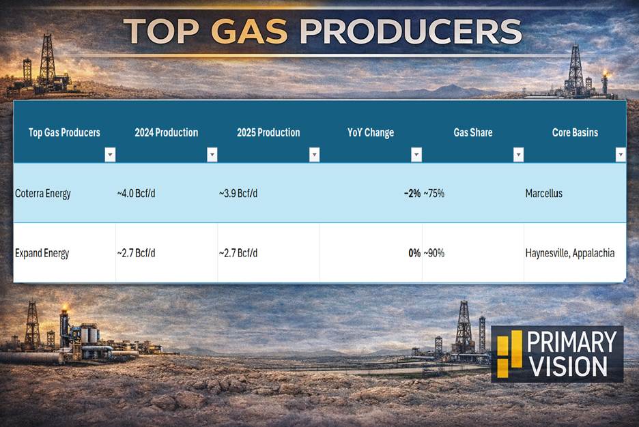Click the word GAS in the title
click(x=249, y=31)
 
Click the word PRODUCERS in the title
click(x=410, y=31)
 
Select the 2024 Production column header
click(x=167, y=132)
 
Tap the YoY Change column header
click(x=371, y=133)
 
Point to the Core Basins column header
click(x=575, y=132)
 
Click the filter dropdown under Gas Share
click(x=518, y=155)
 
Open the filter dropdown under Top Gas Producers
click(x=110, y=155)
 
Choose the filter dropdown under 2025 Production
click(x=314, y=155)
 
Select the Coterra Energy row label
click(x=43, y=193)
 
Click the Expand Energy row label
click(x=42, y=253)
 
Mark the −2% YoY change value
click(x=412, y=193)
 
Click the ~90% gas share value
click(x=434, y=253)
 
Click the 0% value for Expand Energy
click(x=414, y=253)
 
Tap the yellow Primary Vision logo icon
click(x=510, y=353)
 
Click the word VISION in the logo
click(x=569, y=366)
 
